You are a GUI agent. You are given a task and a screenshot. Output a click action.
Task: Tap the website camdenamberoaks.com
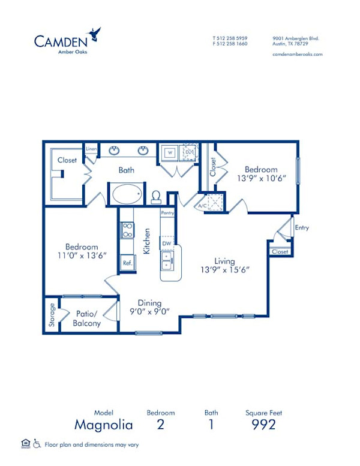pos(298,54)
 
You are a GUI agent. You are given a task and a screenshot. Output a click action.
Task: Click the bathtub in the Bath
pos(126,194)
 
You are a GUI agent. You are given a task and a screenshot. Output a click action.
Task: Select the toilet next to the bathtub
pos(155,197)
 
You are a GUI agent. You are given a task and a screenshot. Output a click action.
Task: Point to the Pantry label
pos(167,212)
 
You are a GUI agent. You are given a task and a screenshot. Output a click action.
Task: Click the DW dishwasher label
pos(166,243)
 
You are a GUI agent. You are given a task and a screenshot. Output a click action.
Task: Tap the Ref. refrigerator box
pos(127,263)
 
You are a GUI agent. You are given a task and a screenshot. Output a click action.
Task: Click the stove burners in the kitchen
pos(127,230)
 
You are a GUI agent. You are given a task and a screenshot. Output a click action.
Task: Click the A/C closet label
pos(203,206)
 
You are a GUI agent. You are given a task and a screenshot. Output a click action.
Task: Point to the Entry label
pos(302,227)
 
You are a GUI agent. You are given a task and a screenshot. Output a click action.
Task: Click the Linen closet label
pos(91,148)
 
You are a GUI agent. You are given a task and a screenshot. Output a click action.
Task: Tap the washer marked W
pos(170,152)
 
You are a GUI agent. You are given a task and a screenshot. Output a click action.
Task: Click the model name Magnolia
pos(103,425)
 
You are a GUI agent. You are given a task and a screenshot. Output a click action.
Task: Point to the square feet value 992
pos(263,425)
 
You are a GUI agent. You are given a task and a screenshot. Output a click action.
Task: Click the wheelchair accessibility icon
pos(37,444)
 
